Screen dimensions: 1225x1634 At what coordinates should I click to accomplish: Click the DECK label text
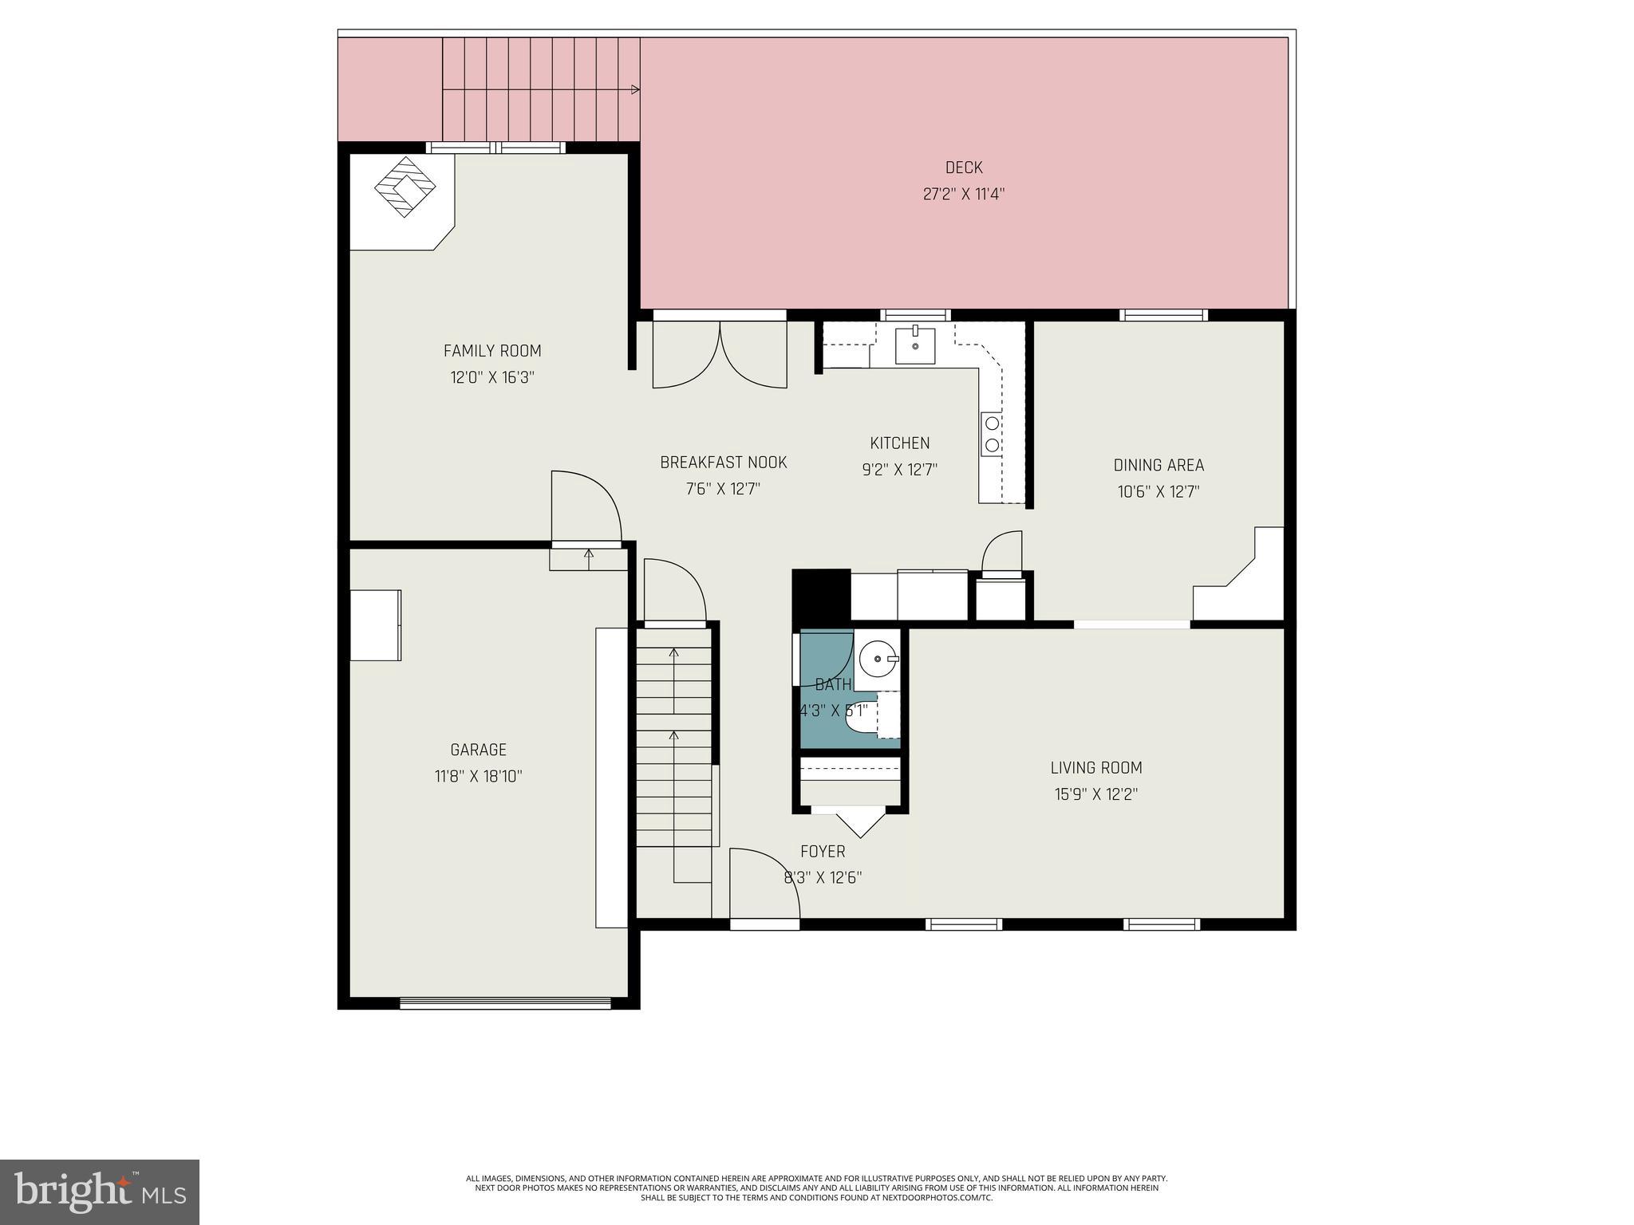(x=963, y=167)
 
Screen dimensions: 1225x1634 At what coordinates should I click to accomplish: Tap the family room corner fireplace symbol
(x=405, y=187)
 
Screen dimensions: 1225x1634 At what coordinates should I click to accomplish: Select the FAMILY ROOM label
(x=491, y=351)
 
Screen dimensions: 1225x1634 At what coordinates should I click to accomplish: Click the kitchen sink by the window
(x=914, y=345)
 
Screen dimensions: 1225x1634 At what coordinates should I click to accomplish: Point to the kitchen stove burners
(x=992, y=435)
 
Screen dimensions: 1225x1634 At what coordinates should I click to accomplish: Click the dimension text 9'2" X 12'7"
(x=899, y=470)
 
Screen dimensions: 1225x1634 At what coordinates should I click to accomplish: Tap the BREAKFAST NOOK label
(x=723, y=463)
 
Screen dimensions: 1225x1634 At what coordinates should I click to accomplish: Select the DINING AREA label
(x=1158, y=465)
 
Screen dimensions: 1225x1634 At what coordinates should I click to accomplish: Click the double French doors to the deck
(x=720, y=355)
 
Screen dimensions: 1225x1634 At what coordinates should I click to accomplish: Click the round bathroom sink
(x=878, y=660)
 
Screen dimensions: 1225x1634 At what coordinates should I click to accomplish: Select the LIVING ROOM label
(x=1095, y=768)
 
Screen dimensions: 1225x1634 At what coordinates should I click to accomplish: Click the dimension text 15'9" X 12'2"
(x=1095, y=794)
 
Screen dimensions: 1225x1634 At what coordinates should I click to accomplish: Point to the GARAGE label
(x=478, y=750)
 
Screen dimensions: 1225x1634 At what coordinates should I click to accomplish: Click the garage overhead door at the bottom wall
(x=504, y=1003)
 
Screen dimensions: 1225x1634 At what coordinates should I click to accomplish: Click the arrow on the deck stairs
(x=635, y=89)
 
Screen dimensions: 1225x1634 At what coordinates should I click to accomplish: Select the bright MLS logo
(x=100, y=1192)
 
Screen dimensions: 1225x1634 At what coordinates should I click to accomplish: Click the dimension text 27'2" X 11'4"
(x=963, y=194)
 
